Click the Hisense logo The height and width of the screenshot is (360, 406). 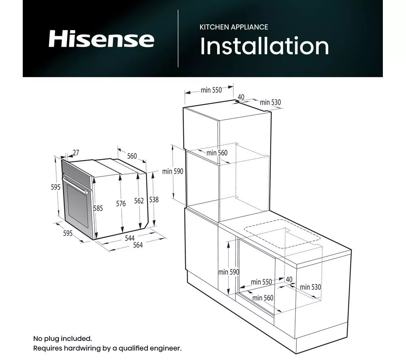(101, 39)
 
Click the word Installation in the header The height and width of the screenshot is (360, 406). (264, 46)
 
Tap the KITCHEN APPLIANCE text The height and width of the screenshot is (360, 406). (233, 27)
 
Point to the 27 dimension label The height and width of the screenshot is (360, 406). (76, 153)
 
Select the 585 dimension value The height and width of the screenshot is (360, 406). (98, 208)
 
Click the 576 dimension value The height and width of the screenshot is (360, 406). (121, 204)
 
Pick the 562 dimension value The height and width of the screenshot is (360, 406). (139, 200)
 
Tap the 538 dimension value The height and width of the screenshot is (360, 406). (154, 200)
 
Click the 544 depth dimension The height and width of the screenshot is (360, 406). (130, 238)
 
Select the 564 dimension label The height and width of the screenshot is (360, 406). (138, 245)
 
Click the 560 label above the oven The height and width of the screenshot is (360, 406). (132, 156)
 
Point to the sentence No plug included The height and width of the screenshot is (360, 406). (63, 338)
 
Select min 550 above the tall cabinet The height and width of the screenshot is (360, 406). (211, 90)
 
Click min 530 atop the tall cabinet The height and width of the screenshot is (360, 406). (270, 102)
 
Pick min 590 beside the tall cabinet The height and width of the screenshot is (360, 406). (173, 171)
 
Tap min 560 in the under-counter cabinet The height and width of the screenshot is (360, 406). (263, 298)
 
